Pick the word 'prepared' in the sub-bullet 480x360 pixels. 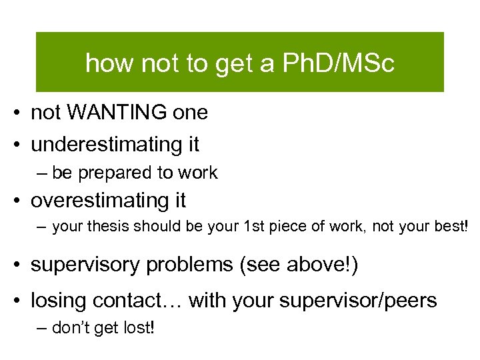click(x=114, y=173)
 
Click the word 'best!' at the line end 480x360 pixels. click(x=451, y=227)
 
